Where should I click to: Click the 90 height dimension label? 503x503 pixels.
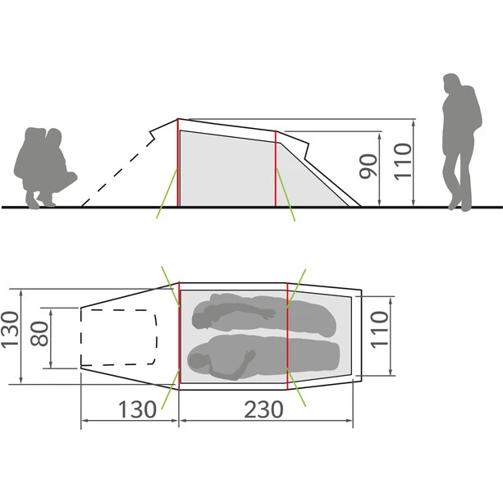pyautogui.click(x=368, y=167)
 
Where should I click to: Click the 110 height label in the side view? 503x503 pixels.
pyautogui.click(x=403, y=162)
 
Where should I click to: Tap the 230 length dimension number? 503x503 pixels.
pyautogui.click(x=263, y=409)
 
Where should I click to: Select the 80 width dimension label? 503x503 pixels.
pyautogui.click(x=39, y=334)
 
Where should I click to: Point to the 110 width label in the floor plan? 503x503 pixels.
pyautogui.click(x=379, y=329)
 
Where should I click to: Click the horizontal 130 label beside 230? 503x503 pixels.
pyautogui.click(x=137, y=409)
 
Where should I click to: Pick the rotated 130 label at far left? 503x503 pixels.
pyautogui.click(x=10, y=329)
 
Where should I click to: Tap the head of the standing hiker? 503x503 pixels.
pyautogui.click(x=451, y=83)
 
